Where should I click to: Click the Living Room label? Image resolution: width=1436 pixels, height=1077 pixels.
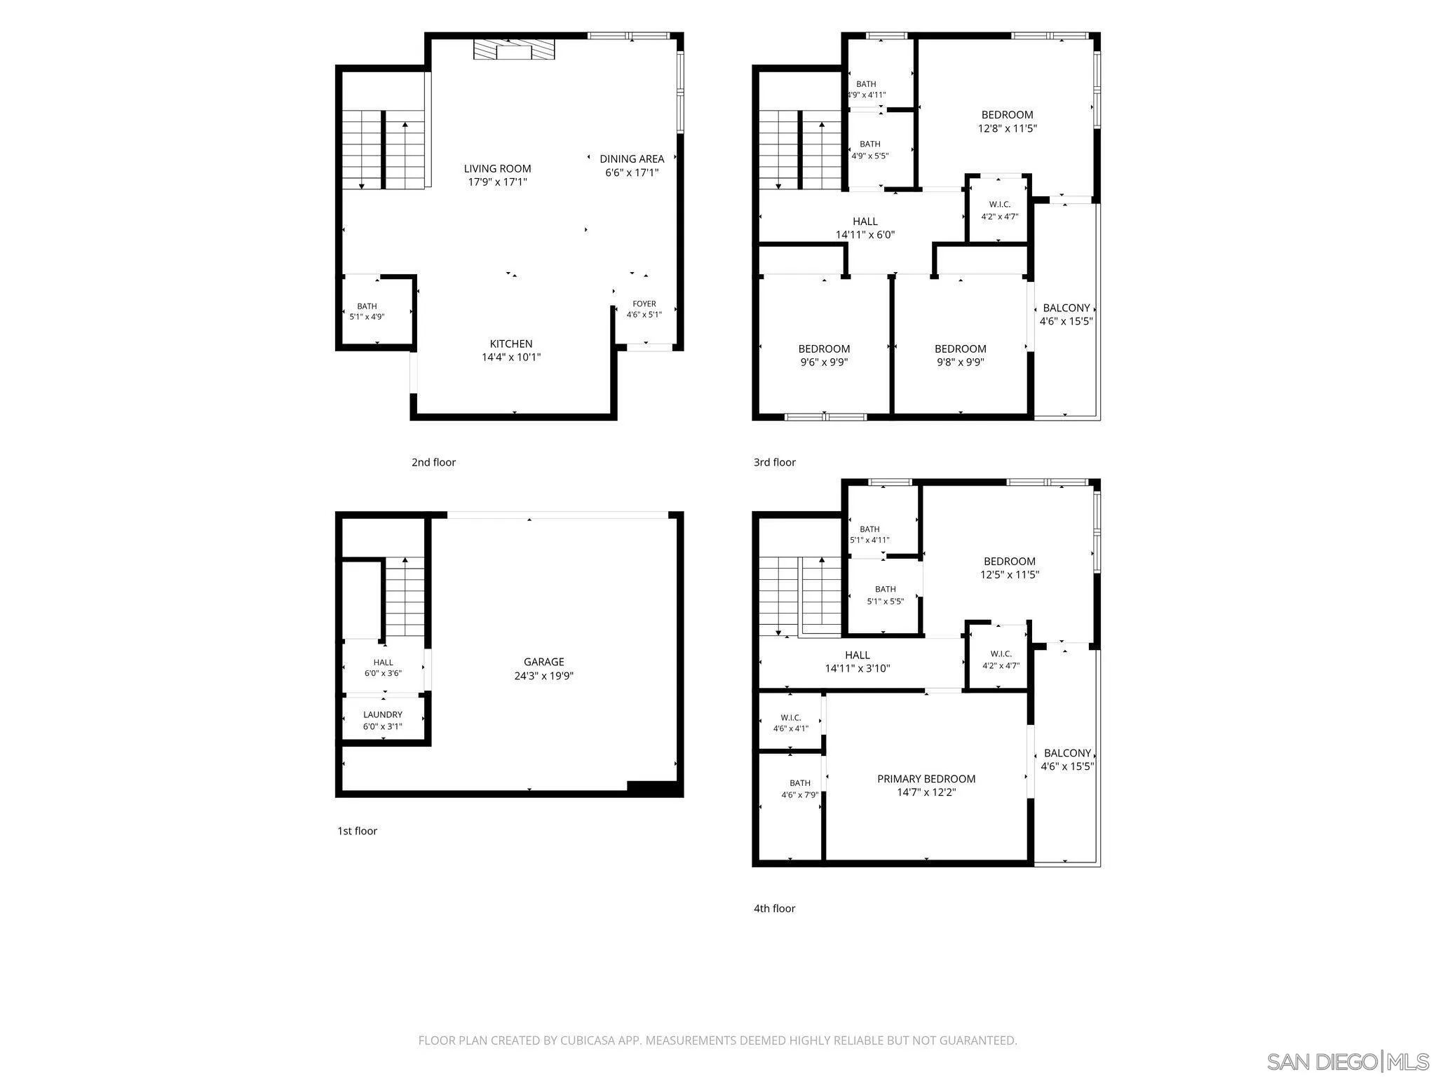(497, 168)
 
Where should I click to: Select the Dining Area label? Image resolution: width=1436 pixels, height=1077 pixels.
(632, 159)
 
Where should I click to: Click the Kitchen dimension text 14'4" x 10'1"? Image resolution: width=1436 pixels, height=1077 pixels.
(510, 357)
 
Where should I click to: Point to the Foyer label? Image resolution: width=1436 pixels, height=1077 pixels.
(644, 304)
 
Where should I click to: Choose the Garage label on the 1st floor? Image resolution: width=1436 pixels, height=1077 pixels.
(544, 662)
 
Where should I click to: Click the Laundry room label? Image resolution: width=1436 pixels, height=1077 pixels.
(383, 714)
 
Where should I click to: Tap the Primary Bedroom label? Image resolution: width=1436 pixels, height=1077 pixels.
(926, 779)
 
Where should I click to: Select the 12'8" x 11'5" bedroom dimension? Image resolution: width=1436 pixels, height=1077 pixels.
(1007, 128)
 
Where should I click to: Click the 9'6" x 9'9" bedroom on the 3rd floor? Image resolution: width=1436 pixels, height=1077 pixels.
(824, 355)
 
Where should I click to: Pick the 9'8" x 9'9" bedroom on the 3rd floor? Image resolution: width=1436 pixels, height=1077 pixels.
(960, 355)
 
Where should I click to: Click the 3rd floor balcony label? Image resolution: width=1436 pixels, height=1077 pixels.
(1066, 308)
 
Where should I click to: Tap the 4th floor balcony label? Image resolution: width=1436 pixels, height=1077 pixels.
(1067, 754)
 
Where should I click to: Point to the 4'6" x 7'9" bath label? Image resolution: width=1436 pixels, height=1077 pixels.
(800, 789)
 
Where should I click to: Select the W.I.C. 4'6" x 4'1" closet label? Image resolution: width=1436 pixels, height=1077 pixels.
(791, 723)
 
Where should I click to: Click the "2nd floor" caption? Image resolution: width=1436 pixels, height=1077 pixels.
(433, 462)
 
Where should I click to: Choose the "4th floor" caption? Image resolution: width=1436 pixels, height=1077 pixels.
(774, 908)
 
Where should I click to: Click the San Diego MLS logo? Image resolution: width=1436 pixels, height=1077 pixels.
(1348, 1061)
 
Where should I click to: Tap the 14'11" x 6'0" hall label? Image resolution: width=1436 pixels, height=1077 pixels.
(865, 228)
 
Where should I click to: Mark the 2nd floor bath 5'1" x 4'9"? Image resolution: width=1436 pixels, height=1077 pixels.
(367, 311)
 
